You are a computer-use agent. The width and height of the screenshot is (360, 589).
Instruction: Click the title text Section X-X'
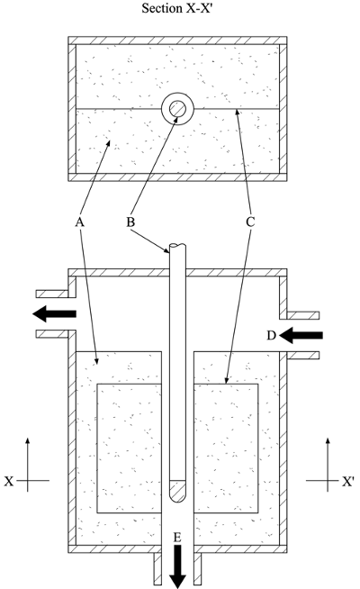click(177, 7)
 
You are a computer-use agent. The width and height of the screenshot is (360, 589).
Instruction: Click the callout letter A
click(79, 222)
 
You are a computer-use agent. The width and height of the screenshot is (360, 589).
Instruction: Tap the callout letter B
click(130, 222)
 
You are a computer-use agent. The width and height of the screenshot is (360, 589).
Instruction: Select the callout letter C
click(250, 222)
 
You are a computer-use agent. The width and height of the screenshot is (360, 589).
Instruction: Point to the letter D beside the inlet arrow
click(272, 335)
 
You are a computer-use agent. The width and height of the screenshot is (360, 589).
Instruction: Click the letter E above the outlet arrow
click(177, 538)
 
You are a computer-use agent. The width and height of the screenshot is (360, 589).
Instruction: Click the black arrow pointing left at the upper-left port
click(54, 313)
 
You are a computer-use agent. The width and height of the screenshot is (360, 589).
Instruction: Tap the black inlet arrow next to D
click(301, 335)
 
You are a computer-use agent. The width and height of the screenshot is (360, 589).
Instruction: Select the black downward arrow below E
click(178, 566)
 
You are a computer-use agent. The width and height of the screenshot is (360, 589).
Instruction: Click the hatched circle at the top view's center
click(177, 109)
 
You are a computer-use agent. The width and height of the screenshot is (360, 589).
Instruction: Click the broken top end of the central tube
click(177, 247)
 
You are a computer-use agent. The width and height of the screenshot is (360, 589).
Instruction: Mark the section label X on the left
click(9, 481)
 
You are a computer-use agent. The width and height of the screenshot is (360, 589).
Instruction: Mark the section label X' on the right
click(347, 481)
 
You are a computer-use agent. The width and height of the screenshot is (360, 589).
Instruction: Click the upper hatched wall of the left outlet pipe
click(52, 294)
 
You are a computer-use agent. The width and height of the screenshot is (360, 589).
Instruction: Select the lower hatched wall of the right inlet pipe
click(303, 355)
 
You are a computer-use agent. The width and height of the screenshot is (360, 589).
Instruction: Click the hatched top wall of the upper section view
click(177, 41)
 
